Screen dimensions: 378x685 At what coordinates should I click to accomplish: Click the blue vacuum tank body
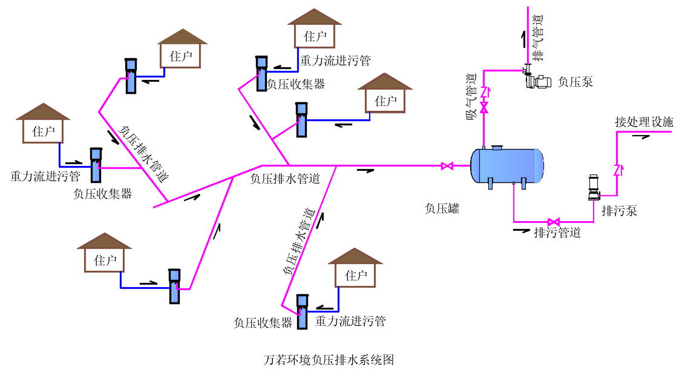click(x=507, y=164)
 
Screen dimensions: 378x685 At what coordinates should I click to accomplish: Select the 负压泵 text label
click(x=575, y=82)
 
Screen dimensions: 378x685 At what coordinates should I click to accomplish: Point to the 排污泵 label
click(x=619, y=211)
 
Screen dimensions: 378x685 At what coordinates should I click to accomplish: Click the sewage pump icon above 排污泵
click(x=594, y=188)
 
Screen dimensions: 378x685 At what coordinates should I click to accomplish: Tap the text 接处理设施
click(x=644, y=122)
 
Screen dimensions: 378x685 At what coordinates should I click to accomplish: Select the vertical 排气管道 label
click(x=537, y=36)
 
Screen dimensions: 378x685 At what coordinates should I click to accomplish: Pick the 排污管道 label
click(x=557, y=232)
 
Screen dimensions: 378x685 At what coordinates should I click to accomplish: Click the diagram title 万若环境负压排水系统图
click(x=330, y=360)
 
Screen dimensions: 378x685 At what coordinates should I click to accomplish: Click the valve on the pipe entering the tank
click(x=447, y=165)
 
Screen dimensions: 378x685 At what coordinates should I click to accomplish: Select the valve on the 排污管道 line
click(x=553, y=222)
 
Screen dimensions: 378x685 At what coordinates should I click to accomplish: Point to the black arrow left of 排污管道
click(x=521, y=230)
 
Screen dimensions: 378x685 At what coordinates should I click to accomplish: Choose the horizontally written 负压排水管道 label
click(x=285, y=179)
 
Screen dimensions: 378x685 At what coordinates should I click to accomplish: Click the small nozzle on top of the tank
click(x=497, y=146)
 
